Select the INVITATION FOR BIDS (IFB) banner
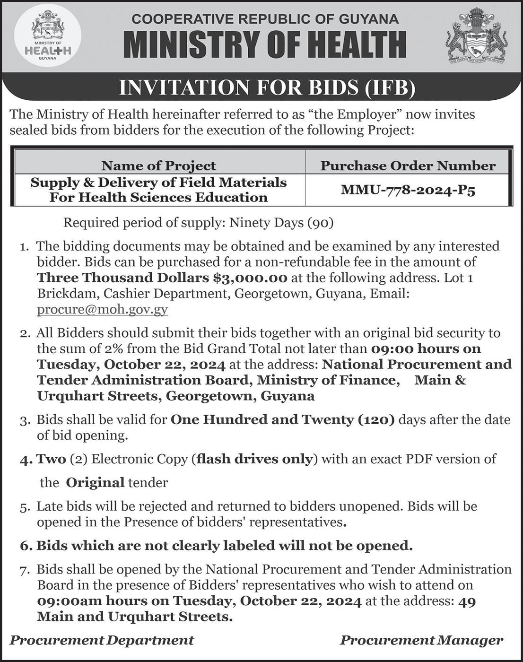[x=267, y=88]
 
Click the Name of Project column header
[x=158, y=165]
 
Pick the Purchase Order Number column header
[x=408, y=165]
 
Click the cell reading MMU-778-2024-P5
[x=408, y=190]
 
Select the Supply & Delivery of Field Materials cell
[x=158, y=190]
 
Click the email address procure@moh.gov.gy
[x=102, y=310]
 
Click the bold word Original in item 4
[x=95, y=483]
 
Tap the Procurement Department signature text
[x=102, y=640]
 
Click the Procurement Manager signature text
[x=421, y=640]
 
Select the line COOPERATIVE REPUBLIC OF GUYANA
[x=265, y=19]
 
